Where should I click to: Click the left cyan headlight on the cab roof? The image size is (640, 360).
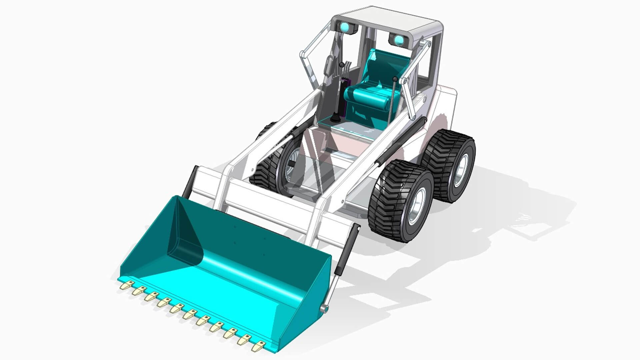345,27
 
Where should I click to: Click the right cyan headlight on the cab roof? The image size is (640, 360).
398,40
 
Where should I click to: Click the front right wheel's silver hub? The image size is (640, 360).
417,206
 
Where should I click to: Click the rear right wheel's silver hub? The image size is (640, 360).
461,171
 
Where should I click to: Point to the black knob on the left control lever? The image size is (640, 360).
341,64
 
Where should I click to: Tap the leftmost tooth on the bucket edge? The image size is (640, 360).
126,285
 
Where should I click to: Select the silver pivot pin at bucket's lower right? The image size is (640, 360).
323,309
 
